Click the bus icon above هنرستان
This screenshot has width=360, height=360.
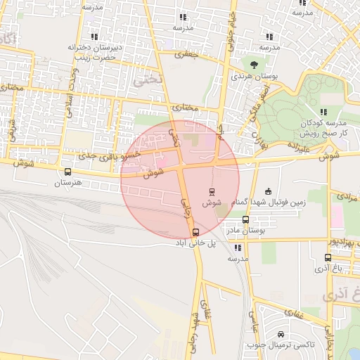(67, 172)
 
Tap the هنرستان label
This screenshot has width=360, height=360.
(68, 183)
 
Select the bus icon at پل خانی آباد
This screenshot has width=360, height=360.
(195, 233)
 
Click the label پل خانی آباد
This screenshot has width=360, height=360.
(195, 243)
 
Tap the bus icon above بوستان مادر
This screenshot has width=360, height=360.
(245, 219)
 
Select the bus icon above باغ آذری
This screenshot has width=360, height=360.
(328, 257)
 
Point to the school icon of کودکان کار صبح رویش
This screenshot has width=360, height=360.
(323, 111)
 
